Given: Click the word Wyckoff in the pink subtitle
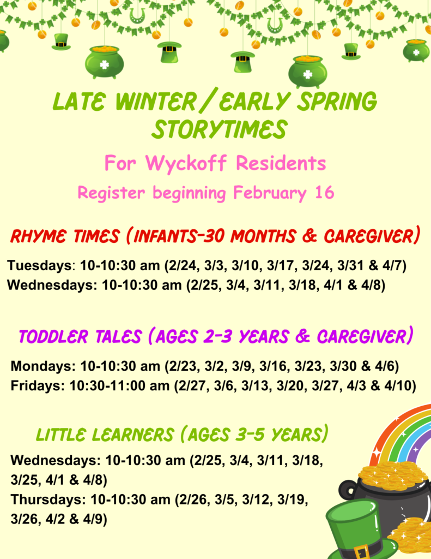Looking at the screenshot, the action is [186, 164].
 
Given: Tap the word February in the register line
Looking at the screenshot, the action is [270, 193].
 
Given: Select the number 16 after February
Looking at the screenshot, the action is [325, 192].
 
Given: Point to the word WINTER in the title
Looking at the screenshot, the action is [156, 101].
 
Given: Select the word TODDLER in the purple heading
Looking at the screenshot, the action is [53, 336].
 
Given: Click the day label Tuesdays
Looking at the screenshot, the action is [40, 266].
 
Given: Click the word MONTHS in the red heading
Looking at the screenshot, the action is [263, 236].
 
